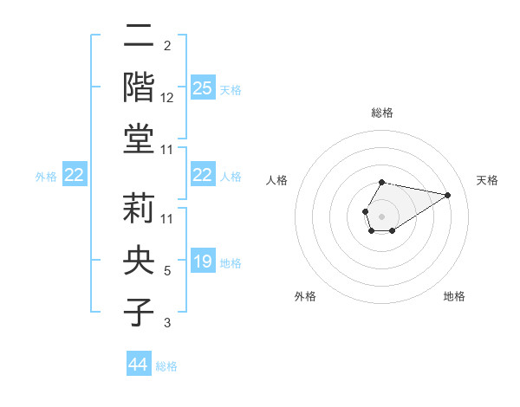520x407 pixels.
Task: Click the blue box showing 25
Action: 202,88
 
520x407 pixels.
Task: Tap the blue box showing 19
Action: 202,262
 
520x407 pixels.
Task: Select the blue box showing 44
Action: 138,365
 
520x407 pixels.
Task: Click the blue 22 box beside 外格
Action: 74,175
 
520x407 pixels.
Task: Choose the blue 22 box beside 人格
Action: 202,175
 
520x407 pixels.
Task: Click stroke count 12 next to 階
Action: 167,99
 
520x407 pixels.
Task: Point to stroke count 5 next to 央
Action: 167,271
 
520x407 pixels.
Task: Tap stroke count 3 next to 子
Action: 167,323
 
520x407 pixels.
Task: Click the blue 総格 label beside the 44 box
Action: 166,366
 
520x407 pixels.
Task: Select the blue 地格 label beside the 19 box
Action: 231,262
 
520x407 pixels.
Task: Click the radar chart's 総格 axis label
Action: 381,113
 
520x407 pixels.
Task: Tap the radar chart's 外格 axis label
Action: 305,296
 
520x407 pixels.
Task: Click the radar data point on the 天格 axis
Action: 447,195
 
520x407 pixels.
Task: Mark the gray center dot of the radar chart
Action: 381,215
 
